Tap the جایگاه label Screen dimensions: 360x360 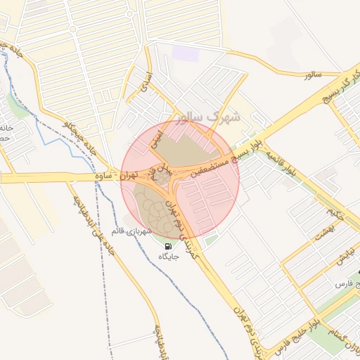(x=169, y=257)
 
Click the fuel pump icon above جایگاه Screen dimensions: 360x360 (x=169, y=246)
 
